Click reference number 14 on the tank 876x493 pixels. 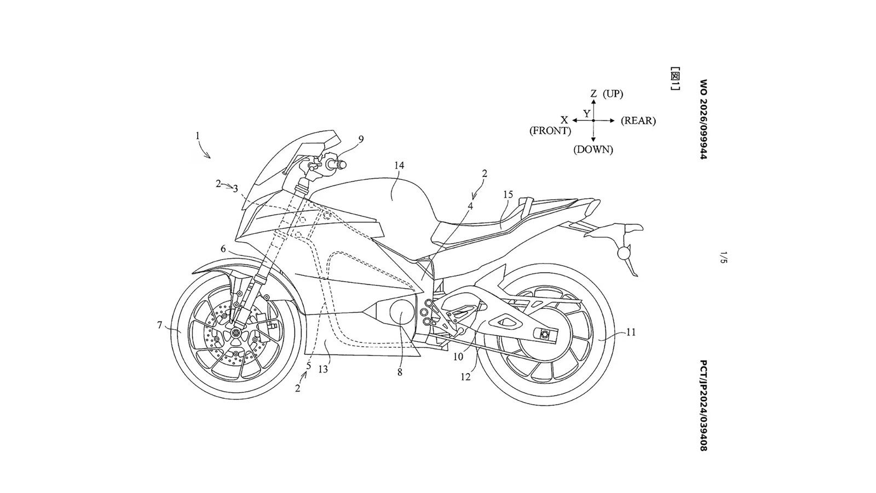coord(399,165)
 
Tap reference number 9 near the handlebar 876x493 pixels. coord(361,139)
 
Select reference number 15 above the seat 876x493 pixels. coord(508,194)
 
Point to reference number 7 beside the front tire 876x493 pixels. coord(159,325)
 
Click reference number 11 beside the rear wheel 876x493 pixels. coord(631,332)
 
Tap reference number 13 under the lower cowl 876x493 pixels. coord(323,369)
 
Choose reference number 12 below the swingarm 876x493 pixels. coord(465,377)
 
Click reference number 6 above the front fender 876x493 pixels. coord(223,249)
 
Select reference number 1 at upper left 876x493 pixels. coord(198,136)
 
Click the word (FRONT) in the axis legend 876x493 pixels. coord(550,131)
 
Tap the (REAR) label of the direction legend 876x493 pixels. coord(638,121)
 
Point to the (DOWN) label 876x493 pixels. coord(593,150)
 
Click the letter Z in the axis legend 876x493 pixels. coord(593,94)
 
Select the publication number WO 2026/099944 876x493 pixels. coord(704,119)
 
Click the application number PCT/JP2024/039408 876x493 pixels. coord(704,405)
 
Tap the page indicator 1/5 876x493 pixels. coord(723,258)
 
